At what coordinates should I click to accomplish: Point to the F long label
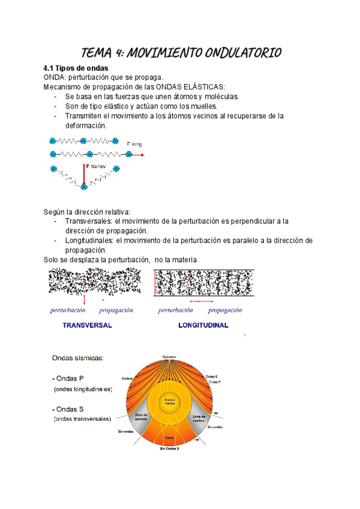[x=134, y=144]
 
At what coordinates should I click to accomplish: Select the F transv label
[x=97, y=166]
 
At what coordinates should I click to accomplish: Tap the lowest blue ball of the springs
[x=84, y=187]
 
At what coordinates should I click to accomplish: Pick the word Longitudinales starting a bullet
[x=89, y=240]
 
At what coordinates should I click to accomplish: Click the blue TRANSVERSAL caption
[x=88, y=325]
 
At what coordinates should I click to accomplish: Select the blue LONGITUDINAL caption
[x=203, y=325]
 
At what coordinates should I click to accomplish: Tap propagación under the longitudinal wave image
[x=225, y=310]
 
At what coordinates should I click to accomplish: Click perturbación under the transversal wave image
[x=67, y=310]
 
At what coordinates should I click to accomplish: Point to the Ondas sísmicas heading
[x=78, y=358]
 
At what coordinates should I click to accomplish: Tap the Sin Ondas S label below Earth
[x=169, y=448]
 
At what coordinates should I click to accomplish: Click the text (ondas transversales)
[x=83, y=419]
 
